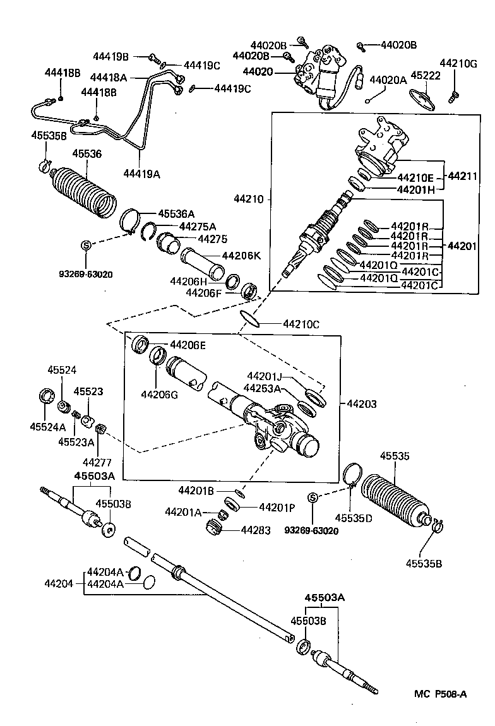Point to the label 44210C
(301, 324)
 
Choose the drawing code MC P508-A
(441, 694)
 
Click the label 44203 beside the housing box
(360, 403)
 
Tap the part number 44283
(256, 530)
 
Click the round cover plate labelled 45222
(421, 97)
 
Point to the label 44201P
(277, 507)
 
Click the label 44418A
(109, 78)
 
